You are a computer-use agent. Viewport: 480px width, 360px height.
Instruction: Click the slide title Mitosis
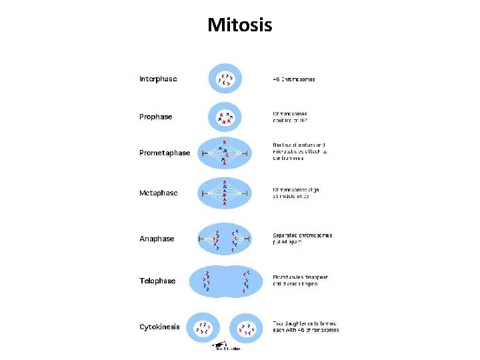point(240,25)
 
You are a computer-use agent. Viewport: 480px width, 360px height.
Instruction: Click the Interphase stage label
point(158,79)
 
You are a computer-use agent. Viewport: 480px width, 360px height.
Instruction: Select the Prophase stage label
point(155,117)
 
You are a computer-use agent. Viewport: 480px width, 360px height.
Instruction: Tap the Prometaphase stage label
point(164,153)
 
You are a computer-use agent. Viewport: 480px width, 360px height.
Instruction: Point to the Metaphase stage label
point(158,193)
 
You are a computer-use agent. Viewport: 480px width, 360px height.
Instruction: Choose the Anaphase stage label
point(157,239)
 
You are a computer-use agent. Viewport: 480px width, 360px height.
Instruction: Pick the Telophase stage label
point(157,281)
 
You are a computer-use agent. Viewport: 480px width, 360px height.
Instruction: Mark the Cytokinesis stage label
point(159,327)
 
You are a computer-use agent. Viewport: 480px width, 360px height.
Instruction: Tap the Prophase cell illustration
point(227,118)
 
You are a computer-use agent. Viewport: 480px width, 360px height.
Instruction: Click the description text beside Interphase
point(294,79)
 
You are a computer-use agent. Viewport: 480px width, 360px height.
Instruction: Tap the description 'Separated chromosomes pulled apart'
point(302,239)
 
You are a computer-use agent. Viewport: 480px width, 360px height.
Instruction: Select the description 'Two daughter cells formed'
point(305,326)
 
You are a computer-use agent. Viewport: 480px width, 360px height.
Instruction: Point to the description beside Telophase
point(300,281)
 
